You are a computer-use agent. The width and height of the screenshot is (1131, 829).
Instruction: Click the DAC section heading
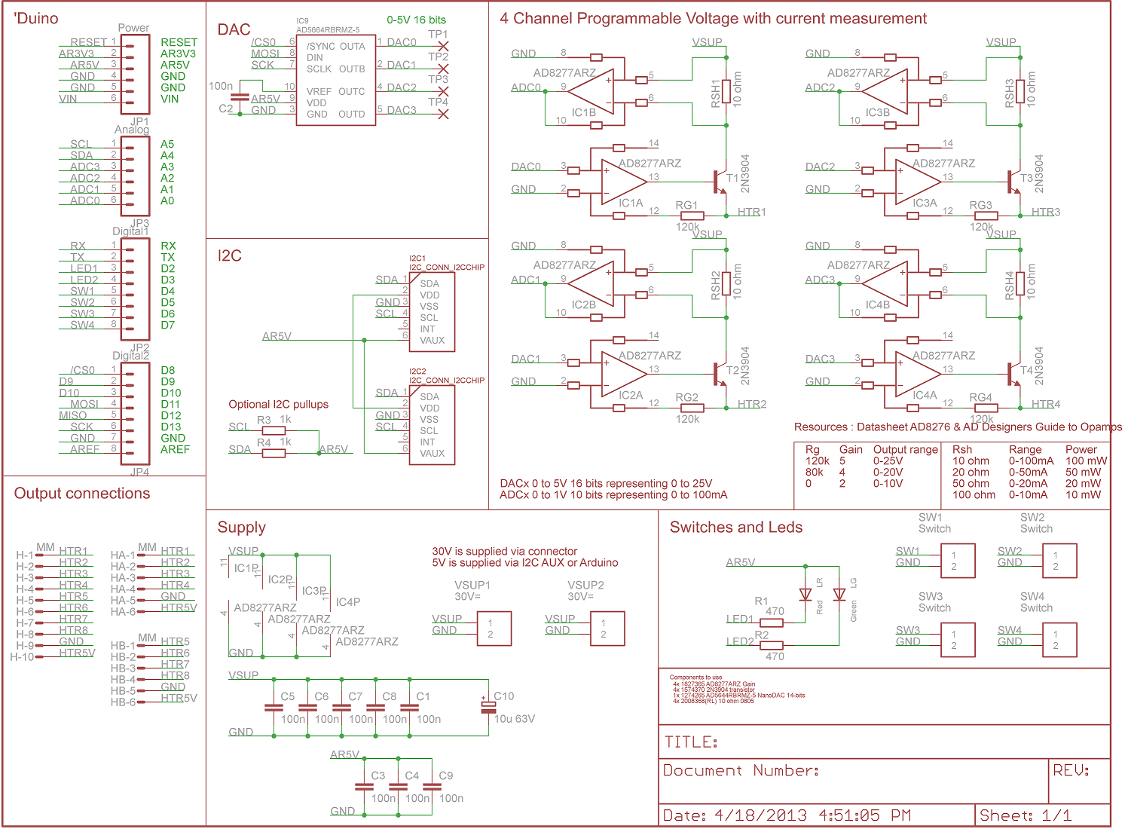(x=234, y=30)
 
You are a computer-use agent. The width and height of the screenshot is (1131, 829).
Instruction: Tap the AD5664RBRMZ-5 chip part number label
(x=328, y=30)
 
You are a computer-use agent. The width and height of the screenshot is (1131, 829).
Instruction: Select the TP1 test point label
(x=438, y=35)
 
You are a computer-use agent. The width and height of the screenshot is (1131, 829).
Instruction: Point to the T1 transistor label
(x=732, y=179)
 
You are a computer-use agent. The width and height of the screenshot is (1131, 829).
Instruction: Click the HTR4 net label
(x=1046, y=405)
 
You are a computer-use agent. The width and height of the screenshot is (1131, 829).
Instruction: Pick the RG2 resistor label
(x=686, y=397)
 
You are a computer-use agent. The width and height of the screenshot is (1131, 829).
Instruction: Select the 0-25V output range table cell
(x=888, y=461)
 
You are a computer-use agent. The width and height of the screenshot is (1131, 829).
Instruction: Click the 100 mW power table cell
(x=1086, y=461)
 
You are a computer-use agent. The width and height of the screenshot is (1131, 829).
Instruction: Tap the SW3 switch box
(x=958, y=640)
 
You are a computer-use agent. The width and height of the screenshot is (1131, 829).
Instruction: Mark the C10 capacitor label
(x=503, y=696)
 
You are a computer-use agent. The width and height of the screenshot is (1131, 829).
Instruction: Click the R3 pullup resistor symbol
(x=274, y=431)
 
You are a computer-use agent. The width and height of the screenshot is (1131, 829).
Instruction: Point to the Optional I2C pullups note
(x=279, y=405)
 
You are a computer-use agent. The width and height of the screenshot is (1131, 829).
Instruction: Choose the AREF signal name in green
(x=175, y=450)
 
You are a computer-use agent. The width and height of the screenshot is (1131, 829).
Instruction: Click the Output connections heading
(x=82, y=494)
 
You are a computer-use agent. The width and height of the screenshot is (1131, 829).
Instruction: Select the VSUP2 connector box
(x=607, y=629)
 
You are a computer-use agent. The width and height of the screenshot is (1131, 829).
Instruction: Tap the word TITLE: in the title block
(x=690, y=742)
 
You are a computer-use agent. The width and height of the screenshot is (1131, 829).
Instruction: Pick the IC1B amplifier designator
(x=583, y=112)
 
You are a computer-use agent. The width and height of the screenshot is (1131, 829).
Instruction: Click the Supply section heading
(x=241, y=528)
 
